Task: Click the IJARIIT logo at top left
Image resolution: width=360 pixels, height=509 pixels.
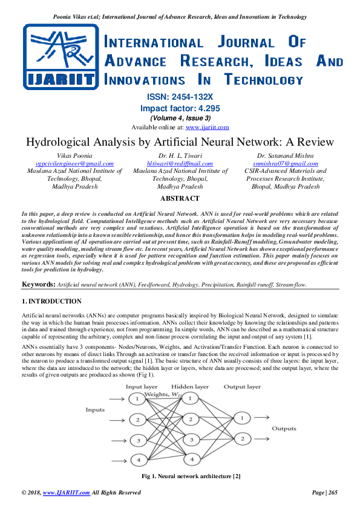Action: pyautogui.click(x=58, y=57)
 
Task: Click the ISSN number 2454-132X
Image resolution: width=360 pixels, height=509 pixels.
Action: pyautogui.click(x=180, y=97)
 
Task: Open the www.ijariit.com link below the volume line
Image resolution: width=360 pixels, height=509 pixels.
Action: pyautogui.click(x=207, y=127)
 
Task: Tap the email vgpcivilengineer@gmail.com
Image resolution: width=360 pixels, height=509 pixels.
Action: pyautogui.click(x=75, y=163)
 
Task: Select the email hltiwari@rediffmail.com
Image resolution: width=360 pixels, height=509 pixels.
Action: pyautogui.click(x=180, y=163)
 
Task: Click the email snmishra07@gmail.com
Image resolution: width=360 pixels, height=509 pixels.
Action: pyautogui.click(x=286, y=163)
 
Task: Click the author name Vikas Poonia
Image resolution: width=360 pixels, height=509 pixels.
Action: pyautogui.click(x=75, y=155)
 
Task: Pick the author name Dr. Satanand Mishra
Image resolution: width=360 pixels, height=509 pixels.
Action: pyautogui.click(x=286, y=155)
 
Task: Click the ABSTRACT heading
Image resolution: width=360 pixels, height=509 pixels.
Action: pyautogui.click(x=180, y=198)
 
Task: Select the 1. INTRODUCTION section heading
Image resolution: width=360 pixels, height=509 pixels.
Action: pyautogui.click(x=51, y=301)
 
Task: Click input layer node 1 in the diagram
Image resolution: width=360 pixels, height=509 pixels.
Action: pyautogui.click(x=139, y=399)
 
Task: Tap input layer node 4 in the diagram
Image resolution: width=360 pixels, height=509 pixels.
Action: pyautogui.click(x=139, y=460)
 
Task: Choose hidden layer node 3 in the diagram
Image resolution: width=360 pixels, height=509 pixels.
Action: pyautogui.click(x=191, y=439)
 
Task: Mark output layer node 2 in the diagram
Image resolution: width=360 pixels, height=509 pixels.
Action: pyautogui.click(x=243, y=438)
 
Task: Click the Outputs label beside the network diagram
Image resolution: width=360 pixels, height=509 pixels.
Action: pyautogui.click(x=284, y=429)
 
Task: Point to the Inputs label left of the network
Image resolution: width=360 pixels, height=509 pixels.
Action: pyautogui.click(x=96, y=410)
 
